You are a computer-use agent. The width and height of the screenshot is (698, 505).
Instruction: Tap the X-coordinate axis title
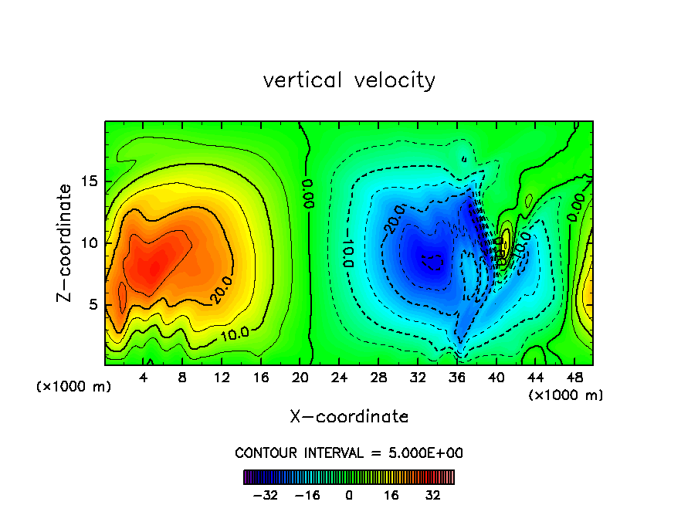(349, 417)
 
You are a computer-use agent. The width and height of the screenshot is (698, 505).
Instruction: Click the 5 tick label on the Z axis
(92, 304)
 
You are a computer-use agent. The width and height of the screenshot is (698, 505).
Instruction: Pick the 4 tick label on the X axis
(144, 378)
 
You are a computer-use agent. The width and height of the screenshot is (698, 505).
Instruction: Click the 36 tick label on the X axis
(456, 378)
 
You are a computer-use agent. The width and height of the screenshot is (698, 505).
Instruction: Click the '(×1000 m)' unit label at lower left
(73, 386)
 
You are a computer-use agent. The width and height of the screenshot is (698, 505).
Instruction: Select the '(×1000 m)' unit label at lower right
(565, 395)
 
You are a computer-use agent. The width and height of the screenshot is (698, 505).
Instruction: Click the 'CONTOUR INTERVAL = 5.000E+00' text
(349, 452)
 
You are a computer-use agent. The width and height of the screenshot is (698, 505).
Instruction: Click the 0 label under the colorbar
(349, 495)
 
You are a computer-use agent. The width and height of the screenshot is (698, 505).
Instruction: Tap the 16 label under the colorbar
(391, 495)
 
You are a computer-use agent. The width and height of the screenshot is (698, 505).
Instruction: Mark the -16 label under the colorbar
(307, 495)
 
